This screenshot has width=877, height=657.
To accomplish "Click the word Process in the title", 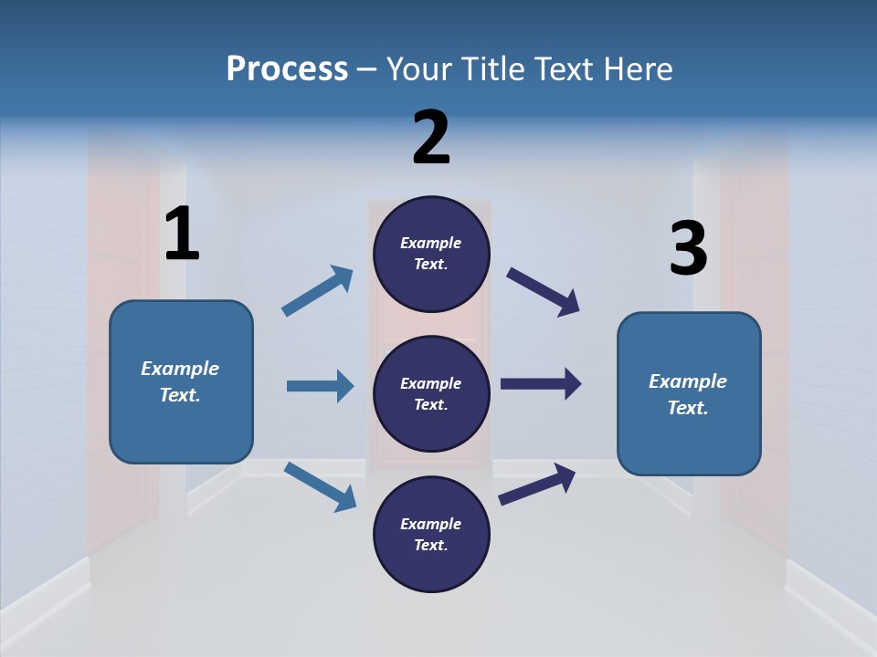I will tap(287, 69).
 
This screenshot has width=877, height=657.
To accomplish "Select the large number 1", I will tap(182, 234).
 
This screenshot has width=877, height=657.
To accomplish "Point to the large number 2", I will tap(431, 138).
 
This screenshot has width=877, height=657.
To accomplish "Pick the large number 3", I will tap(688, 248).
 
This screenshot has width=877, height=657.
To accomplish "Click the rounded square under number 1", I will tap(181, 381).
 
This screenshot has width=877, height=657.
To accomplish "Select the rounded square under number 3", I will tap(689, 393).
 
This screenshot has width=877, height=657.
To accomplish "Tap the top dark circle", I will tap(431, 254).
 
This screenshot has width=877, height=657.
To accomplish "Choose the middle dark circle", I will tap(431, 393).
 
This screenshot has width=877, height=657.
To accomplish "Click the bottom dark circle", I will tap(431, 534).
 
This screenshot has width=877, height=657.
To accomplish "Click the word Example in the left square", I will tap(180, 369).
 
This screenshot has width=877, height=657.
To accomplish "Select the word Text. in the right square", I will tap(688, 408).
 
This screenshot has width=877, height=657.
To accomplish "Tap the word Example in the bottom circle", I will tap(431, 524).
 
